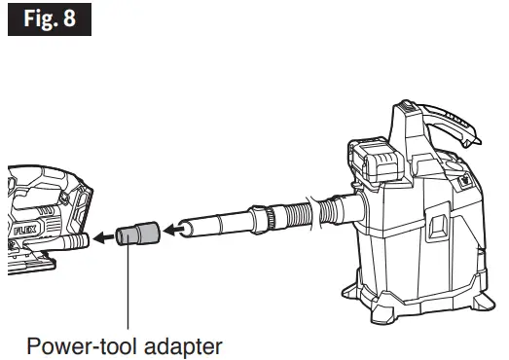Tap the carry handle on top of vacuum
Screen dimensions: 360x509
click(x=443, y=117)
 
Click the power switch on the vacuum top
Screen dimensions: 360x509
click(x=458, y=178)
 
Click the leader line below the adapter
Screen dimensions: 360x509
click(x=128, y=292)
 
